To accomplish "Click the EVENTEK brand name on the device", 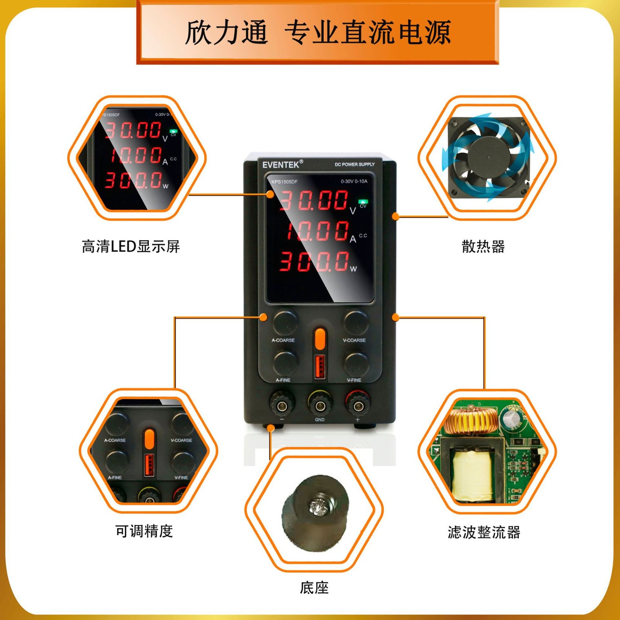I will pyautogui.click(x=281, y=165).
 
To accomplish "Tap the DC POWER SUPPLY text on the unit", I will pyautogui.click(x=355, y=164).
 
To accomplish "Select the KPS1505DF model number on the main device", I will pyautogui.click(x=284, y=182).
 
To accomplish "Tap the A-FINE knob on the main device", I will pyautogui.click(x=286, y=363).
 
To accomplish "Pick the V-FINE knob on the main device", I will pyautogui.click(x=356, y=363).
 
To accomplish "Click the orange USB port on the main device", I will pyautogui.click(x=320, y=367).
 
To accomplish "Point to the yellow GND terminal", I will pyautogui.click(x=320, y=405).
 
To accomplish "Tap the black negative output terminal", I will pyautogui.click(x=282, y=405).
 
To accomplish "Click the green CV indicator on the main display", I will pyautogui.click(x=363, y=201).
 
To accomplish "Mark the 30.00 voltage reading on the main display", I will pyautogui.click(x=314, y=200).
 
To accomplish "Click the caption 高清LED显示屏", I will pyautogui.click(x=131, y=246).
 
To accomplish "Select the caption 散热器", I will pyautogui.click(x=483, y=246).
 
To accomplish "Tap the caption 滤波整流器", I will pyautogui.click(x=484, y=532).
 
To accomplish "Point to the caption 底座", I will pyautogui.click(x=314, y=588).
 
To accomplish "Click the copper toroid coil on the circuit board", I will pyautogui.click(x=470, y=421).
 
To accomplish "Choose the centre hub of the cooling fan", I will pyautogui.click(x=488, y=157).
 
